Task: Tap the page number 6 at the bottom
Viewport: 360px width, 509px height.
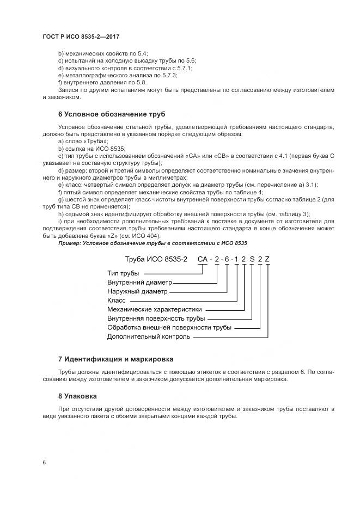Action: (x=44, y=462)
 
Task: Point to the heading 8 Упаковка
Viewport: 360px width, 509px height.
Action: (x=77, y=396)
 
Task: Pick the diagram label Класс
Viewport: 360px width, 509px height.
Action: (x=117, y=300)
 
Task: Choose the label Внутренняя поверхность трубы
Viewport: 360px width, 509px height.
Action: (x=156, y=318)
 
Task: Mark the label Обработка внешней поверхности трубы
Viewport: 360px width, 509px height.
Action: (x=169, y=327)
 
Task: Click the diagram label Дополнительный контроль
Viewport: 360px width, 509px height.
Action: (x=149, y=336)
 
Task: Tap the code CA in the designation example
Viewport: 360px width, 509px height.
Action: (x=203, y=259)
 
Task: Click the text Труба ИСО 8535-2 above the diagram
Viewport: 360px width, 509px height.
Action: (x=156, y=259)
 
